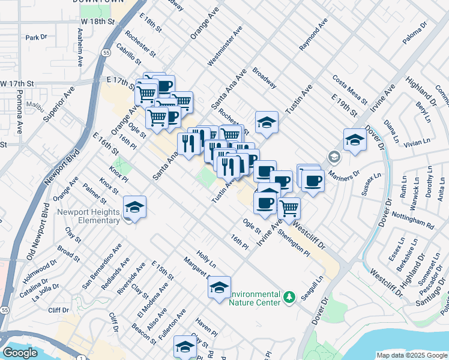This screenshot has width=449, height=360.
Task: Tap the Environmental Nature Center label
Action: (x=255, y=298)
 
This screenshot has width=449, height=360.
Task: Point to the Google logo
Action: (x=19, y=353)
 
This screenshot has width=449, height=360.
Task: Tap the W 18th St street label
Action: (x=97, y=21)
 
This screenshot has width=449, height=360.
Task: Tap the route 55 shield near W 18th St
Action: (x=106, y=53)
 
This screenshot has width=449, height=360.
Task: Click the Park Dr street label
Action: (x=36, y=37)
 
